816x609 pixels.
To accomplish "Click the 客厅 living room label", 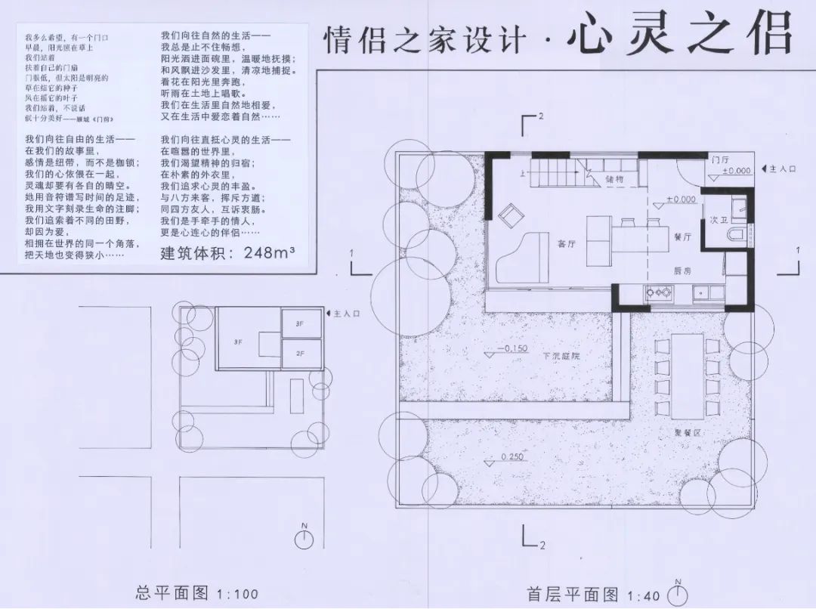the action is coord(565,244).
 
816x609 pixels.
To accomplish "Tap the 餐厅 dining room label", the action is coord(682,236).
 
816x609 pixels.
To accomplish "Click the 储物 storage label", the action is coord(615,179).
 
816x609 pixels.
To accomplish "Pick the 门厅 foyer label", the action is coord(720,159).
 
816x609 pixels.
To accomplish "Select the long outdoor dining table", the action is coord(688,376).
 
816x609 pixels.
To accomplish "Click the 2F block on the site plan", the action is coord(300,353).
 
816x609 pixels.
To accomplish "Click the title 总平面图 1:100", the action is coord(196,593).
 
